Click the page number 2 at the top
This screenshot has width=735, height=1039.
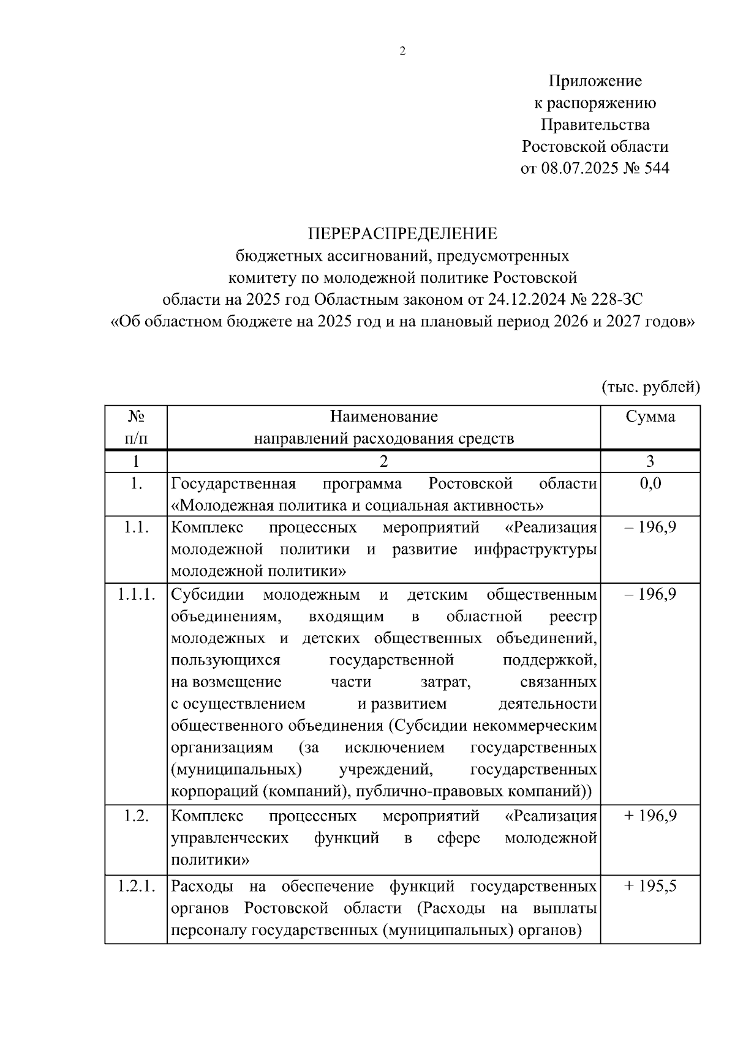point(402,52)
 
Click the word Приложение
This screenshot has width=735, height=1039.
point(595,81)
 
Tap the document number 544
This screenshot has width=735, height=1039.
point(655,168)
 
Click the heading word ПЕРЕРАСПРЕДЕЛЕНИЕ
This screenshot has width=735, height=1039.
point(402,234)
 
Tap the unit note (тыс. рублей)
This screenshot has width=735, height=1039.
point(650,387)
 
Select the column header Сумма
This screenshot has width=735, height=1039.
point(650,417)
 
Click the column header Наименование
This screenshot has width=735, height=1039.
point(384,417)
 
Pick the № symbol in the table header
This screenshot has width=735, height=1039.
point(136,417)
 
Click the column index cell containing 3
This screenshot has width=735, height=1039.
point(650,461)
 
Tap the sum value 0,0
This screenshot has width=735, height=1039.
point(650,483)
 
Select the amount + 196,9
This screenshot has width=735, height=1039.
point(650,816)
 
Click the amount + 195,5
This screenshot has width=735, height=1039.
point(650,886)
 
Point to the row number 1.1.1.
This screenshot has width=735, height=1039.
point(136,595)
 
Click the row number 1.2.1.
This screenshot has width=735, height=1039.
point(136,886)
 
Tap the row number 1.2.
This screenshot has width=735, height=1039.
point(136,816)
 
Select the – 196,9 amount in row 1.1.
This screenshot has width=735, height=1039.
point(650,527)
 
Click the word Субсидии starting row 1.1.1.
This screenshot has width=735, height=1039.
point(208,595)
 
